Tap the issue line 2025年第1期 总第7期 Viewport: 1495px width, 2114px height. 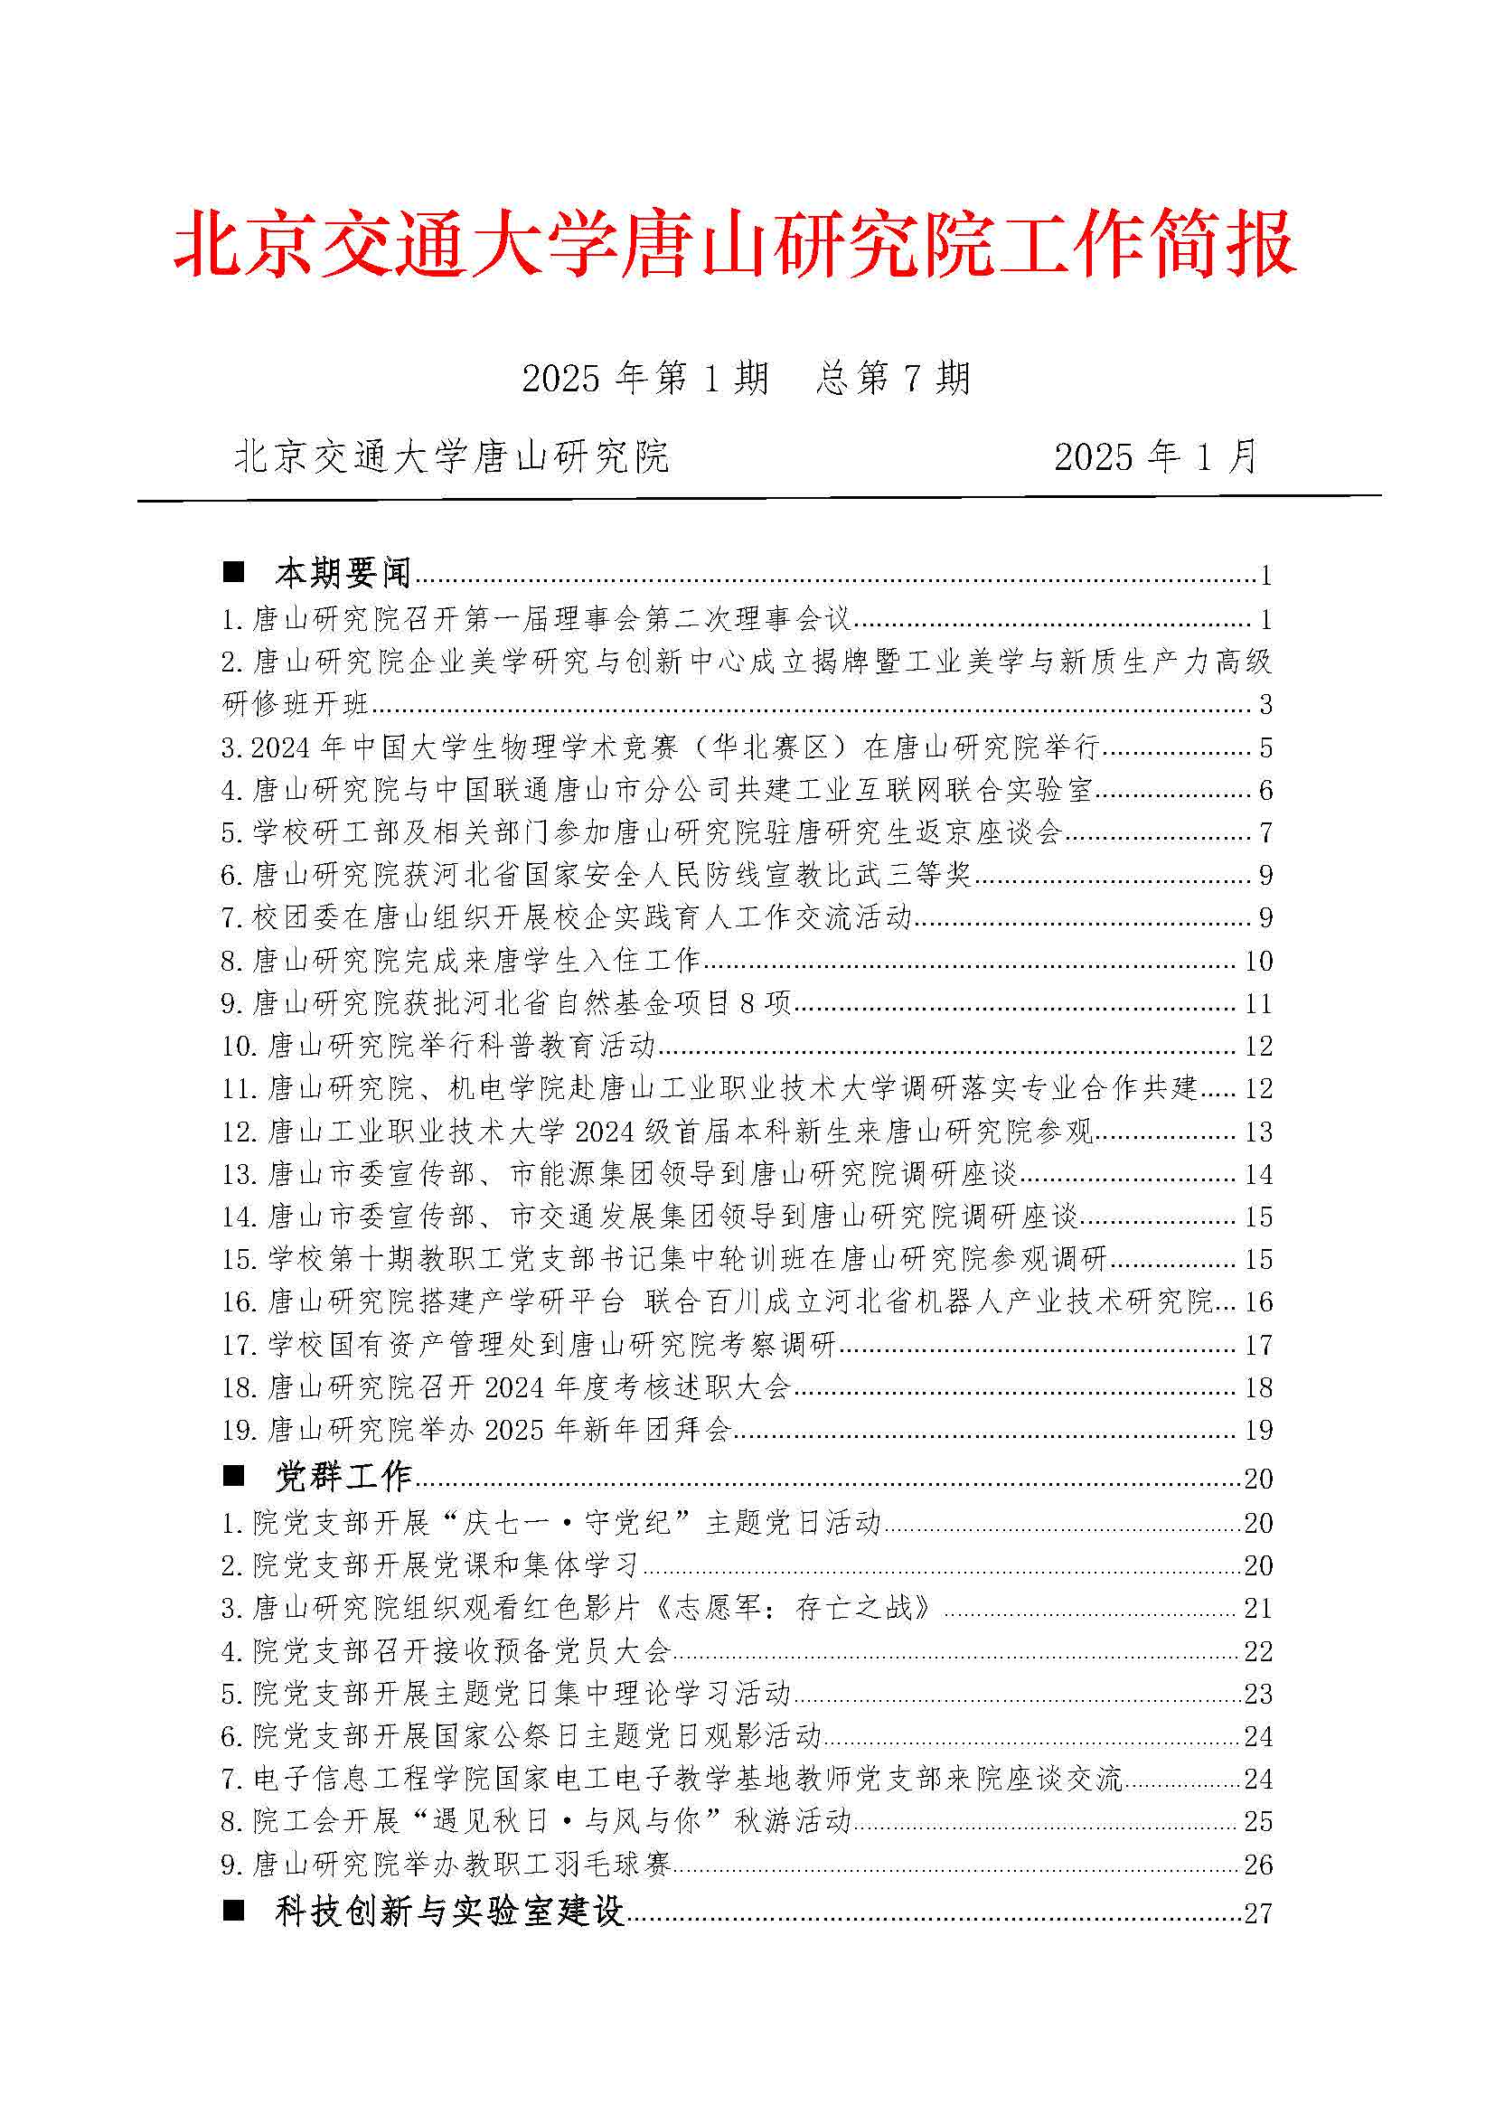[x=746, y=379]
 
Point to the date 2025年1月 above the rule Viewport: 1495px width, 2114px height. [x=1155, y=456]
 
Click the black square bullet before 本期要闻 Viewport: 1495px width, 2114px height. [x=234, y=573]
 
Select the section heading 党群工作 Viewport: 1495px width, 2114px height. [x=343, y=1477]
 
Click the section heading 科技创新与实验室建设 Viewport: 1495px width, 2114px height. [x=449, y=1912]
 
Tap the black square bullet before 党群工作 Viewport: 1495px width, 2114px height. [x=234, y=1476]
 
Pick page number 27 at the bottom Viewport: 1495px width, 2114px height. [x=1257, y=1914]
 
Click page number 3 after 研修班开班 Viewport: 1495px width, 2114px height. [x=1265, y=705]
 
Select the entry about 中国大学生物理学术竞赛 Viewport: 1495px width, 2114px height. [x=659, y=747]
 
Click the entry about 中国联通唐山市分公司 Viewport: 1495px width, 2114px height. [x=655, y=790]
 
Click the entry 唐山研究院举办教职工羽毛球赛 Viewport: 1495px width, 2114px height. [x=446, y=1865]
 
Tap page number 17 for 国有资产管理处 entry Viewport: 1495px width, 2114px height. [x=1257, y=1345]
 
